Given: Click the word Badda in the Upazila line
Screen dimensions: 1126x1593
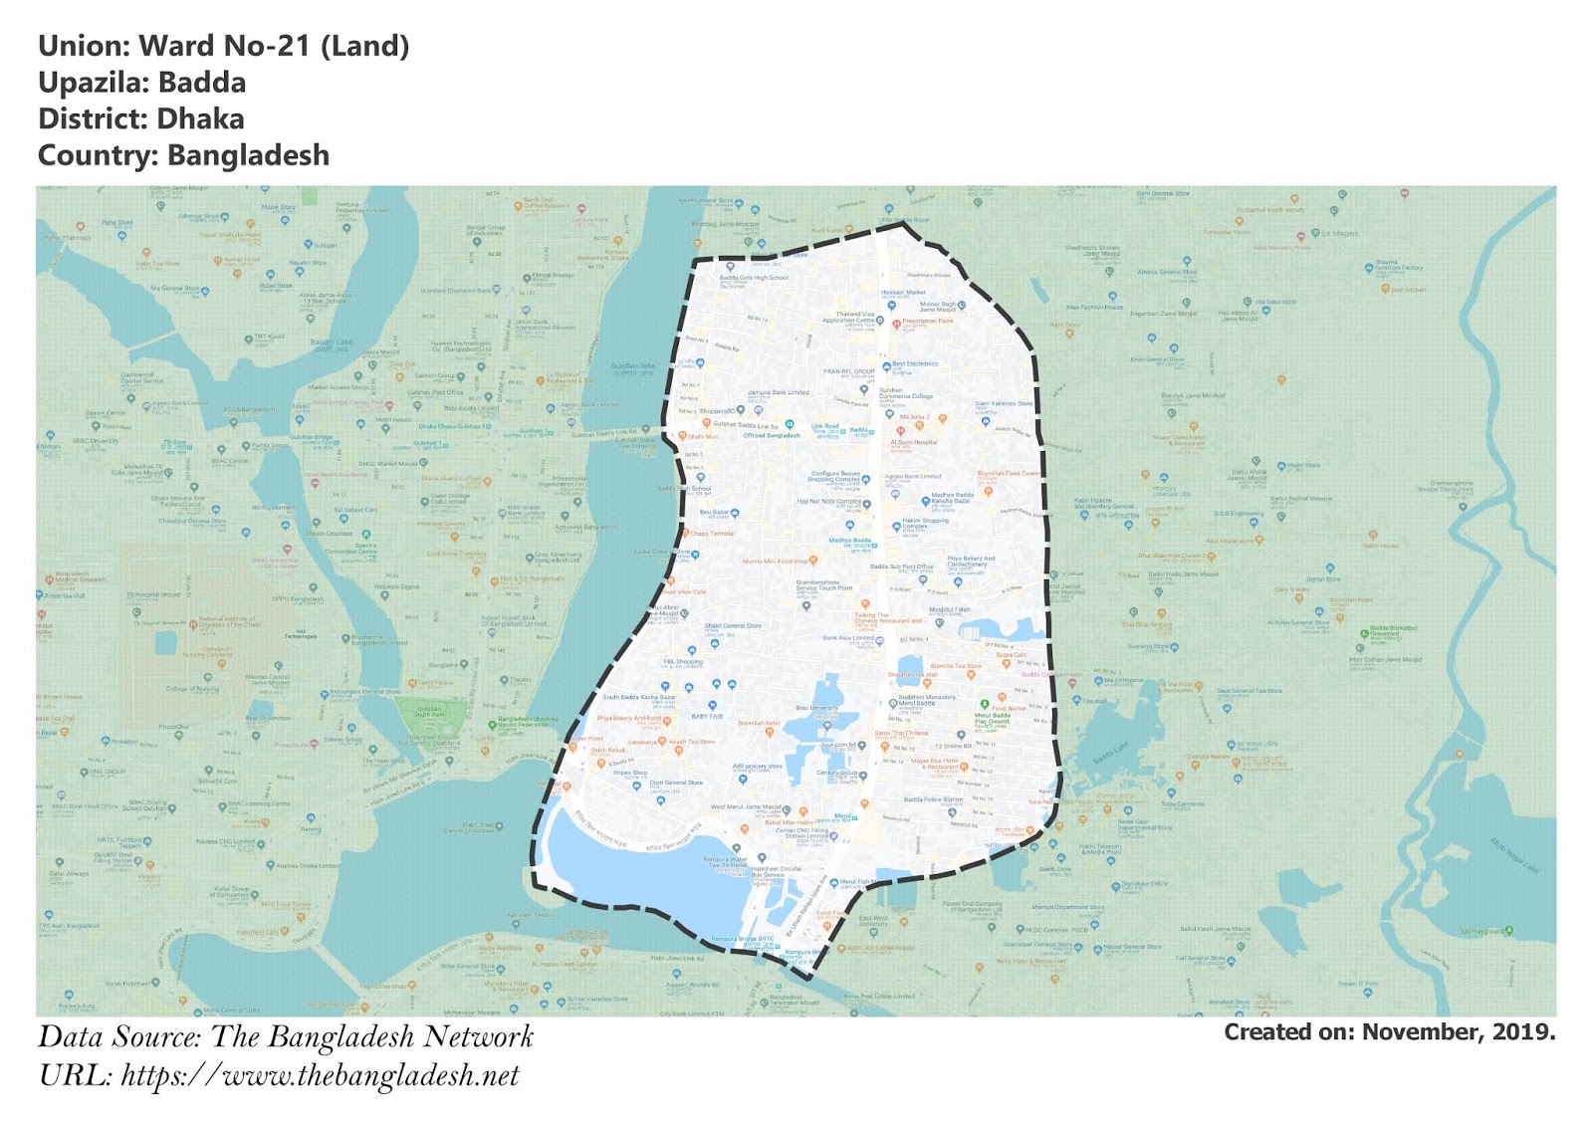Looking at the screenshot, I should [x=202, y=83].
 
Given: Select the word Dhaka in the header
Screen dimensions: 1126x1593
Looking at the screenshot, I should [x=200, y=119].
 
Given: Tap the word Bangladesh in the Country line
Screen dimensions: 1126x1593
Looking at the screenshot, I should [x=248, y=156].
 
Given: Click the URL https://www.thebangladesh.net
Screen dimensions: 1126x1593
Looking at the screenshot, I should [x=320, y=1075].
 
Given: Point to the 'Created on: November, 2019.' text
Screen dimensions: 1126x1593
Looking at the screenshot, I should [x=1389, y=1032].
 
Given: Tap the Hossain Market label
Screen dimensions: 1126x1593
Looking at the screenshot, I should [x=903, y=293].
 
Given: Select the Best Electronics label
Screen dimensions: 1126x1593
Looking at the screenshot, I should [x=915, y=364].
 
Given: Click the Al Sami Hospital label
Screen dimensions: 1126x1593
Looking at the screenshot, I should [x=913, y=442].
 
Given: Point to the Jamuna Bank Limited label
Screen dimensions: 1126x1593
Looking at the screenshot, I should [x=778, y=392].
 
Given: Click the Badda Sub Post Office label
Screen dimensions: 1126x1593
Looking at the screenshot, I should [x=902, y=566].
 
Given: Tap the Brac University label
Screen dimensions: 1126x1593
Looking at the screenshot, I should [x=816, y=708].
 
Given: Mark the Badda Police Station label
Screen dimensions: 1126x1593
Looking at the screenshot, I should [x=933, y=799].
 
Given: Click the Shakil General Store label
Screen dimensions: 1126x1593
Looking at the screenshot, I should [x=733, y=626].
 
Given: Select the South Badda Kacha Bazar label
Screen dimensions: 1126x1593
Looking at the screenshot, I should [x=638, y=698].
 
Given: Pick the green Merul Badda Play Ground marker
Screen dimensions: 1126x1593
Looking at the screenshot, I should [x=985, y=705].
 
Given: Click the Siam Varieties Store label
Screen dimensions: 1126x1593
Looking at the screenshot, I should [x=1004, y=403].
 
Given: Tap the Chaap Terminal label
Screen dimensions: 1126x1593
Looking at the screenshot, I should [x=712, y=534].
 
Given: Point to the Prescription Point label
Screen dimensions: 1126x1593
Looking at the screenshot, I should [x=927, y=322].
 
